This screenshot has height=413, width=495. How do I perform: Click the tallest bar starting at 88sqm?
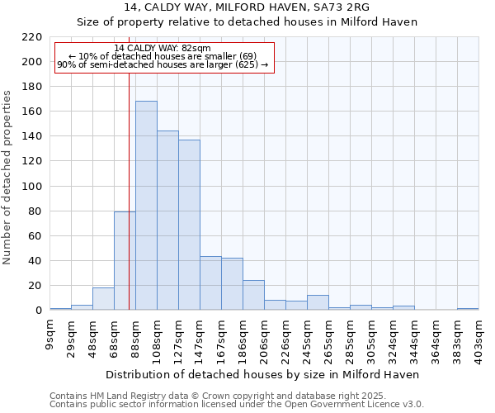click(146, 206)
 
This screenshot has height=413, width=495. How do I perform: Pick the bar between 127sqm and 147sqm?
click(189, 225)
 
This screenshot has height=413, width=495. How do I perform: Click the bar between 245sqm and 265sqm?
click(318, 302)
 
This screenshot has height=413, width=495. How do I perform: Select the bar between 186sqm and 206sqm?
click(253, 295)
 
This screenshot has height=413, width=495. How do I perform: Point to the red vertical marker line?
click(130, 206)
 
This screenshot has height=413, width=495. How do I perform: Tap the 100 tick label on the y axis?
click(31, 187)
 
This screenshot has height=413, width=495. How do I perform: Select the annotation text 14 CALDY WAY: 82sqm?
click(163, 49)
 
